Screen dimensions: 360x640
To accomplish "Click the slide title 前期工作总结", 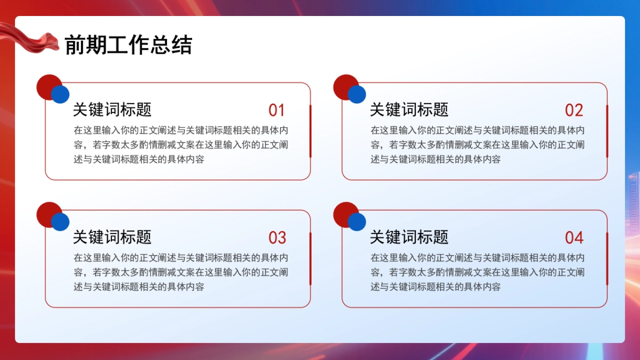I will (128, 45).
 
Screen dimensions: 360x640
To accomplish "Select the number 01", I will (277, 110).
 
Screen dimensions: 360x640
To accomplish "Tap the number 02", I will (574, 110).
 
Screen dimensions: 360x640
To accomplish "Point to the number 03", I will (277, 238).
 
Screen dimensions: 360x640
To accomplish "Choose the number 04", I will (574, 238).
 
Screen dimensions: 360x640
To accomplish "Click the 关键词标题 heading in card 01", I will (112, 110).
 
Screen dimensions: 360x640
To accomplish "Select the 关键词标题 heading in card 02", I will (409, 110).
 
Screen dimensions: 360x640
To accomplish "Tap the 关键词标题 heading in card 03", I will (112, 237).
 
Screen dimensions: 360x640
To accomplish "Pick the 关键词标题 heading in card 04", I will (409, 237).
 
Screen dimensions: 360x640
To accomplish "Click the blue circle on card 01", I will (60, 94).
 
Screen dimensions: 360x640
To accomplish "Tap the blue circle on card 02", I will (357, 94).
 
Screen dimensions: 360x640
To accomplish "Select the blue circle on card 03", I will (60, 222).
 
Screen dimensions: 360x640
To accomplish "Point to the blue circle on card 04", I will (357, 222).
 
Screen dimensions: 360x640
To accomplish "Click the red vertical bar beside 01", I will (310, 131).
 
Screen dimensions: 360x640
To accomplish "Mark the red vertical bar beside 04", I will (607, 259).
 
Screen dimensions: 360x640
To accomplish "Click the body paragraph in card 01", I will (181, 145).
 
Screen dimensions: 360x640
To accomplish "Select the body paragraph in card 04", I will (478, 272).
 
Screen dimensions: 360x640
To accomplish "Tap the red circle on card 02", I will (343, 84).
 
